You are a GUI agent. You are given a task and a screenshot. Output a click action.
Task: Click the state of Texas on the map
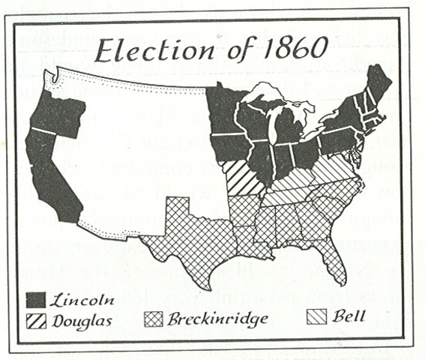pyautogui.click(x=187, y=232)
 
